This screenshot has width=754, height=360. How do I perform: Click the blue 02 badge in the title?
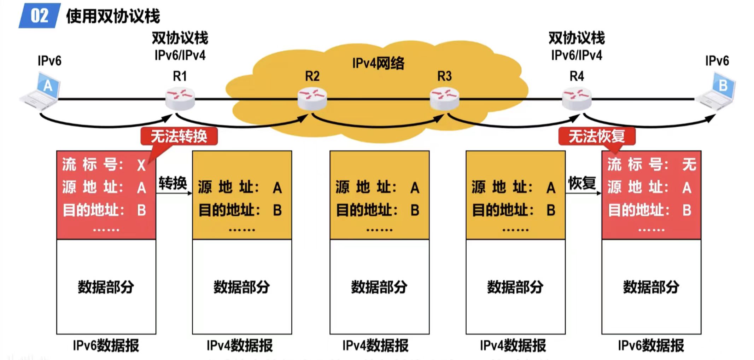(39, 16)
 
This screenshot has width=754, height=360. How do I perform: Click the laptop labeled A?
(41, 91)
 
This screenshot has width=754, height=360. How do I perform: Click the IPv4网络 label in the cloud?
(378, 63)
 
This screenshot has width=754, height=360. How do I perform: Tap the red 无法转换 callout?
(179, 136)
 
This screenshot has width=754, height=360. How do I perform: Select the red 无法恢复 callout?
(597, 136)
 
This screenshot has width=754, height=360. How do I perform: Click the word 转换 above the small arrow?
(173, 183)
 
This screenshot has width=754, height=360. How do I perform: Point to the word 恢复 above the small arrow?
(582, 183)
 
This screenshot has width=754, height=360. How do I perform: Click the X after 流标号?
(141, 165)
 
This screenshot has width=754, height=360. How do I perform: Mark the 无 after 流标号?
(689, 164)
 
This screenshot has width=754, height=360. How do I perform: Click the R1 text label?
(180, 76)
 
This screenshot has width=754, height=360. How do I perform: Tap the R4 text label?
(577, 76)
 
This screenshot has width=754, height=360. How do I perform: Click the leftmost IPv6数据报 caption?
(106, 346)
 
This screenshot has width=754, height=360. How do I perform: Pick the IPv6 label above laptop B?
(717, 61)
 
